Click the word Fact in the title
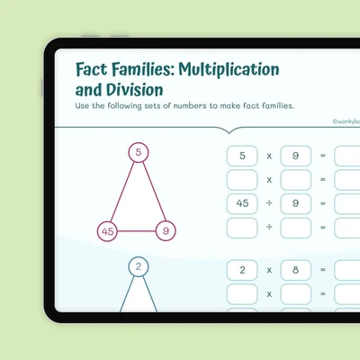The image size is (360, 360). tap(92, 69)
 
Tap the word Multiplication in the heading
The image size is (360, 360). tap(229, 69)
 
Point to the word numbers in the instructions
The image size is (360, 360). tap(190, 105)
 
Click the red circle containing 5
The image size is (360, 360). tap(139, 152)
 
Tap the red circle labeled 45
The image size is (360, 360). tap(107, 231)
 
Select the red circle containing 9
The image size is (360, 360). tap(166, 231)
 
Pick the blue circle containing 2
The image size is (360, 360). tap(139, 266)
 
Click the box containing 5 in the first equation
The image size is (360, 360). tap(242, 156)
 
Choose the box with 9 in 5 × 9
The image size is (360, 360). tap(296, 156)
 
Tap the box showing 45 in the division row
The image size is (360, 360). tap(242, 203)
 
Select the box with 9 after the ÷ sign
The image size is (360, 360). tap(296, 203)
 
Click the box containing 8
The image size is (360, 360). tap(296, 270)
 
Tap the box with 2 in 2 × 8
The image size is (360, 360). tap(242, 270)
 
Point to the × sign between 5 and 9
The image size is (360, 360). tap(269, 156)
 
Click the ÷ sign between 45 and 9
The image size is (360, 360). tap(269, 203)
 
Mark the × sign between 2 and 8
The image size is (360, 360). tap(269, 270)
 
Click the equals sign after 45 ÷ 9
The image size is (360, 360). tap(323, 203)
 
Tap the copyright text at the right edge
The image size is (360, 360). tap(346, 121)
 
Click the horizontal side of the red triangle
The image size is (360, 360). tap(137, 231)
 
